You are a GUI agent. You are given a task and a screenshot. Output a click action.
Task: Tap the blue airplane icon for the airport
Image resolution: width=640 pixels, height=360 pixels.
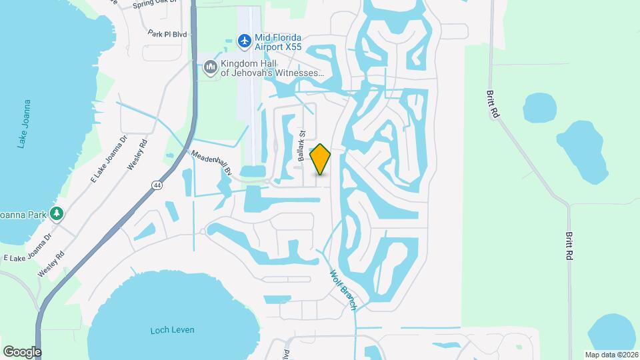point(244,41)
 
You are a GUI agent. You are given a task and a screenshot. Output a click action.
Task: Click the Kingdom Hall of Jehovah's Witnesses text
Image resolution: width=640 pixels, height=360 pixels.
point(272,67)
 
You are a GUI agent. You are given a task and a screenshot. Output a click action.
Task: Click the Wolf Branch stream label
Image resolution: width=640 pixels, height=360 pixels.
point(344,289)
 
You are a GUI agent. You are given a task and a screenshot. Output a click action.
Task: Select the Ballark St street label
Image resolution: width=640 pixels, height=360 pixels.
point(302,147)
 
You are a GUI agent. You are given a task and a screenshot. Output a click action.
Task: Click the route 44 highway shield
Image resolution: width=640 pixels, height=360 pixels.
point(155,185)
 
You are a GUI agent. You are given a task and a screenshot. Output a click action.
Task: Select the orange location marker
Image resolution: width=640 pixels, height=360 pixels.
point(321,159)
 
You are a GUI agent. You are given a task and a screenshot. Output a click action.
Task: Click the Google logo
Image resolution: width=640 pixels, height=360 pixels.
point(22,351)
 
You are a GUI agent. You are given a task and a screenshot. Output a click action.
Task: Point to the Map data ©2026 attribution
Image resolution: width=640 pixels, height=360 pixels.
point(611,355)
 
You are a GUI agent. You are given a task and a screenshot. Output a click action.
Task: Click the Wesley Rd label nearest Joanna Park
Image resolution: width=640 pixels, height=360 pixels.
point(51,247)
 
